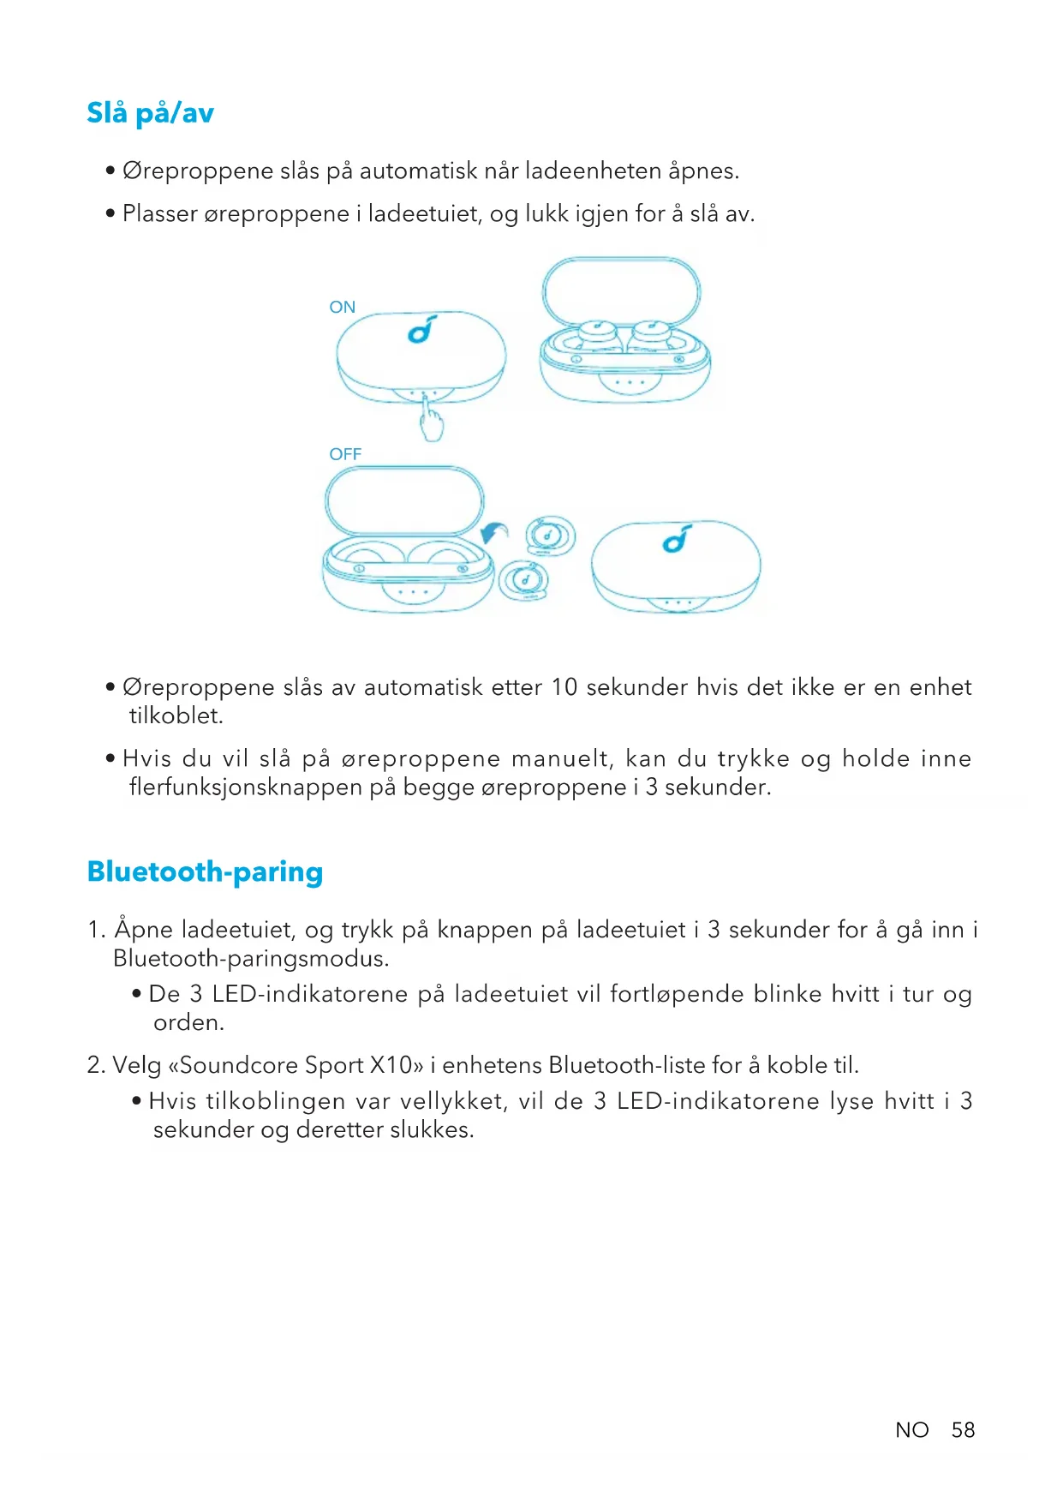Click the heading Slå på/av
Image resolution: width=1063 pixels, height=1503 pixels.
pos(150,113)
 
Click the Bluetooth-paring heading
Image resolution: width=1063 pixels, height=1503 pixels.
pos(205,871)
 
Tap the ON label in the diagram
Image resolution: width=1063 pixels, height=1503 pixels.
pos(342,307)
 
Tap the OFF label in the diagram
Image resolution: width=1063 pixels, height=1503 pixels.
pos(345,454)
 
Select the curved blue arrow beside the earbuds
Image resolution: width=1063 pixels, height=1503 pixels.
pos(493,533)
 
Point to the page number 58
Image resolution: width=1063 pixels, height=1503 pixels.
pos(963,1430)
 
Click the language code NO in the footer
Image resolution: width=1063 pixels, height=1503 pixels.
pos(911,1430)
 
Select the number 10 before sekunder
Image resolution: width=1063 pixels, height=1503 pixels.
pos(564,687)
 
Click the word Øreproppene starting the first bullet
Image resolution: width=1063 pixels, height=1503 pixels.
pos(198,171)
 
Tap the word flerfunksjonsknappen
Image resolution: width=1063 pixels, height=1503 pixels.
pos(246,787)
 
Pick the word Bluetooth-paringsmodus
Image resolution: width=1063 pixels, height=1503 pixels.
pos(250,959)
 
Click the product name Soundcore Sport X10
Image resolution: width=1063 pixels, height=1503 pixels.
pos(296,1065)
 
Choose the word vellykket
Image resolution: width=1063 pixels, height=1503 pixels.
pos(451,1101)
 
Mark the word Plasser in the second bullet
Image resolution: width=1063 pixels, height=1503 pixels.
pos(160,213)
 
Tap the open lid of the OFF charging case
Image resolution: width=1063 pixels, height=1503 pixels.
pos(404,500)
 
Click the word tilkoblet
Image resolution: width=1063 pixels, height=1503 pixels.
pos(176,716)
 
